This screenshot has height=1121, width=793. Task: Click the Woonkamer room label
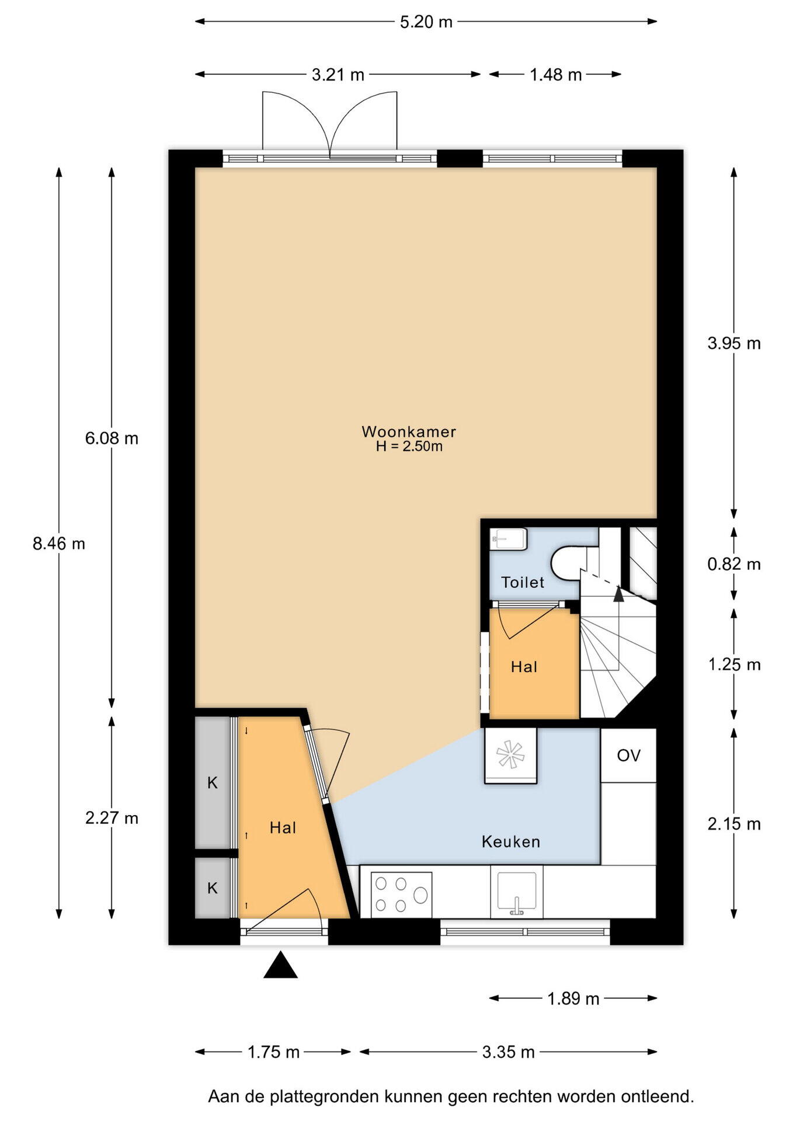click(409, 431)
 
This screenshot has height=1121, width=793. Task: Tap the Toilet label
click(523, 582)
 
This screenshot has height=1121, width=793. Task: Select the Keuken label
click(511, 841)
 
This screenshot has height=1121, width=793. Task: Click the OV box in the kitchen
click(628, 755)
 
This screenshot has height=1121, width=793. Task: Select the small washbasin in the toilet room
click(509, 539)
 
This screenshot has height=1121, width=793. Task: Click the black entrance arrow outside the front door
click(281, 965)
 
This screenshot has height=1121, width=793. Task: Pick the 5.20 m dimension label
click(426, 22)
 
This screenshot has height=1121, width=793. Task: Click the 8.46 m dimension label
click(59, 544)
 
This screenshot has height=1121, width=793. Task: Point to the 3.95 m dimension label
click(734, 343)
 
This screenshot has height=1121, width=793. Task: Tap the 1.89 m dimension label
click(573, 998)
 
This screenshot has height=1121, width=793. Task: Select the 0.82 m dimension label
click(734, 564)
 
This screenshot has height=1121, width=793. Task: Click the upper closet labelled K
click(213, 782)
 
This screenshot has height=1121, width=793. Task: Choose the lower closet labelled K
click(213, 888)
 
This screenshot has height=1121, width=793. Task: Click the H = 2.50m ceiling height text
click(409, 447)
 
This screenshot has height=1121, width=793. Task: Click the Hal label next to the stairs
click(524, 667)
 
